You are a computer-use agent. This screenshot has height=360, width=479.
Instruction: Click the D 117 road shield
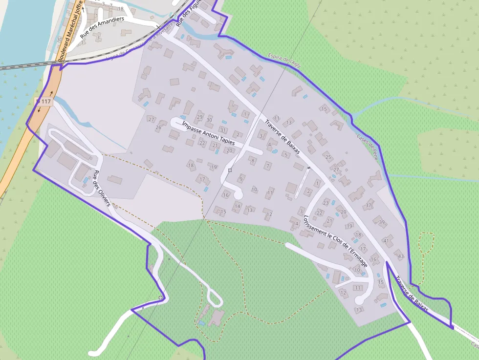click(44, 102)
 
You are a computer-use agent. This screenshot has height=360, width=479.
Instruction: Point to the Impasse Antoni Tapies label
click(208, 133)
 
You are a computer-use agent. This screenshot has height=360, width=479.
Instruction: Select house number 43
click(401, 256)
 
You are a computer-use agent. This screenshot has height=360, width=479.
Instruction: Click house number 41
click(386, 241)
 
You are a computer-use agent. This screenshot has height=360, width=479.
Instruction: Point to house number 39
click(382, 222)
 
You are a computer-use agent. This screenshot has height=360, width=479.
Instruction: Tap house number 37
click(369, 206)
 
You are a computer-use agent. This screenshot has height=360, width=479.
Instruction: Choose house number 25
click(328, 158)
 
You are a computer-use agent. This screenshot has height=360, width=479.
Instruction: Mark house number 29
click(199, 118)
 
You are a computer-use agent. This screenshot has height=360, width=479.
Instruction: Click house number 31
click(223, 130)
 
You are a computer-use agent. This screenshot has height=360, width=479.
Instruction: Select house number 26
click(158, 128)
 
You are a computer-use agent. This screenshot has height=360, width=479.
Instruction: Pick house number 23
click(326, 203)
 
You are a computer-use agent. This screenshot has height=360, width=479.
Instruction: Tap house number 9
click(241, 179)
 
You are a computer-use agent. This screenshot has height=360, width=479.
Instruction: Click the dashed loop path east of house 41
click(426, 243)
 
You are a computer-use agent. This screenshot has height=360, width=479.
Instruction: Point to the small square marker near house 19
click(230, 170)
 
